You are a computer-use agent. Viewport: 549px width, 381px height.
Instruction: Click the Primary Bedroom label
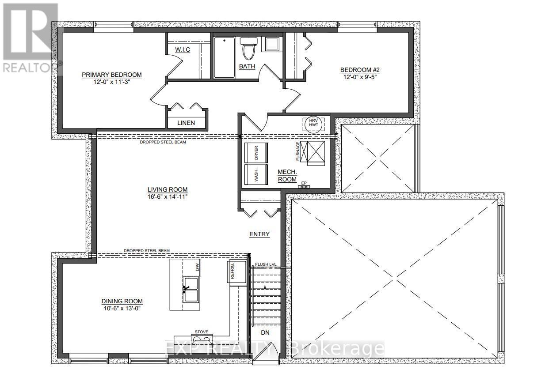112,75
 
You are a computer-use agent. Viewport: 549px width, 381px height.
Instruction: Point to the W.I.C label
182,49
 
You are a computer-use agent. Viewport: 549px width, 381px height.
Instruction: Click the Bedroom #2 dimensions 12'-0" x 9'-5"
360,76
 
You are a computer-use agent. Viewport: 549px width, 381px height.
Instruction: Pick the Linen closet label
186,122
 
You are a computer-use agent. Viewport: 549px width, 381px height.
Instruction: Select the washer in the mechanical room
255,176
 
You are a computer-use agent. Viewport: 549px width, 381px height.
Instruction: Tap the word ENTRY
259,234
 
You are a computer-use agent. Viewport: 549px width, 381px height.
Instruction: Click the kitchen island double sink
191,290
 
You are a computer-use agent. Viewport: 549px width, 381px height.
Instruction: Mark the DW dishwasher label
197,267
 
